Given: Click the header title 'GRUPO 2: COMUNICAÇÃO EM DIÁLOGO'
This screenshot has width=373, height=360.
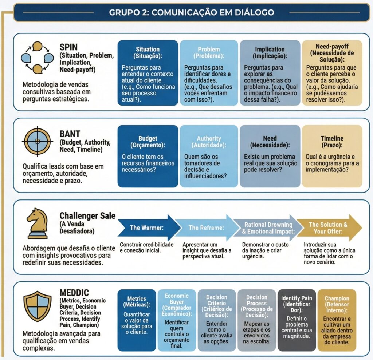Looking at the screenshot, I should click(191, 12).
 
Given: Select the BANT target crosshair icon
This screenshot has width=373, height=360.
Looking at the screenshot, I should click(36, 141).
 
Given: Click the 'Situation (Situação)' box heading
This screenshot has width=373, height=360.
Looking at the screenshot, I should click(148, 52).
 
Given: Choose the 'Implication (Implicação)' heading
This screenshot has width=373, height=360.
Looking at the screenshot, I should click(270, 52).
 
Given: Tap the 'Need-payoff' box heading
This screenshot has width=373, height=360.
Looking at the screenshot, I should click(332, 52).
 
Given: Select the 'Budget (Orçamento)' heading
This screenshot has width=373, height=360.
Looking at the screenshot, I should click(148, 142).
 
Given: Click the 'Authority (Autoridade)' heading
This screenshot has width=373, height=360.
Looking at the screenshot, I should click(209, 142).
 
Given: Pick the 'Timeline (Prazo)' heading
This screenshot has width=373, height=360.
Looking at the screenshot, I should click(332, 142).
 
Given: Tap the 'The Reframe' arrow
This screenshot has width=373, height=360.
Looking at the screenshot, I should click(207, 228).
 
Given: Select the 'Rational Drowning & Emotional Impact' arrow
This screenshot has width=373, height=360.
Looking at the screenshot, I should click(268, 228).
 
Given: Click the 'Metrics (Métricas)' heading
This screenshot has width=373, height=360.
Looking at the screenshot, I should click(137, 301).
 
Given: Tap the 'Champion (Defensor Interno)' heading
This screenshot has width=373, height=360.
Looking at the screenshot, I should click(337, 304).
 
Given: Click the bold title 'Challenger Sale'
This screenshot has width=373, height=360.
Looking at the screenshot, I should click(87, 216).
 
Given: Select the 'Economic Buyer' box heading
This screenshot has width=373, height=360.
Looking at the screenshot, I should click(177, 304).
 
